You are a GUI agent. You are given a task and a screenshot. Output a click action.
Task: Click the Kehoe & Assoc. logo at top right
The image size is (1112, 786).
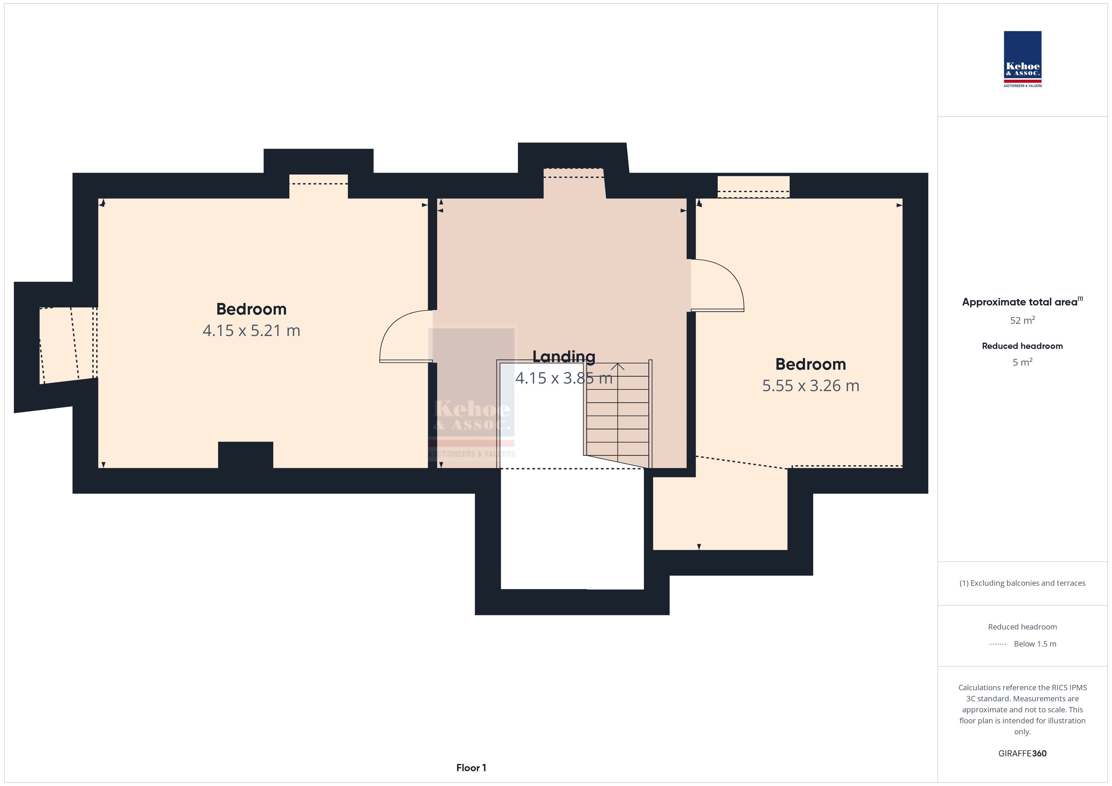(1022, 59)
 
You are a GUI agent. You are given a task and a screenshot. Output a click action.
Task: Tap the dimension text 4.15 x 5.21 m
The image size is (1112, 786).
(251, 331)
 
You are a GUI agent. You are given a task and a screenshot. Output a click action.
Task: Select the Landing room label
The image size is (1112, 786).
(564, 357)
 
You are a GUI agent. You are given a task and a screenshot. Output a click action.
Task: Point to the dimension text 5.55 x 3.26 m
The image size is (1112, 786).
(811, 386)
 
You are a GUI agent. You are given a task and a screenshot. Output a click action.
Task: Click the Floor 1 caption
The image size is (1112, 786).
(471, 768)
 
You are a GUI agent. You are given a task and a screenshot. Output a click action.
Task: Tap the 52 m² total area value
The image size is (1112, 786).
(1022, 320)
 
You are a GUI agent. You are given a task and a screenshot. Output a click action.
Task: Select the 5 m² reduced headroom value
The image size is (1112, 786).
(1022, 362)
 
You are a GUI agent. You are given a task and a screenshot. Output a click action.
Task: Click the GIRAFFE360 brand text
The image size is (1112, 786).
(1022, 754)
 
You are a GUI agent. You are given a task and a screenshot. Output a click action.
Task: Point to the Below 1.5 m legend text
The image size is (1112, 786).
(1035, 644)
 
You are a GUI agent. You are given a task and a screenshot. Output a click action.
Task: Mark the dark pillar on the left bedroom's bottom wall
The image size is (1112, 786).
(246, 455)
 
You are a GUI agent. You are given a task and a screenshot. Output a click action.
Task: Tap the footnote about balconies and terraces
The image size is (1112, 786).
(1022, 583)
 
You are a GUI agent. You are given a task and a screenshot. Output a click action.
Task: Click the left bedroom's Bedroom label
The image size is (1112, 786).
(251, 309)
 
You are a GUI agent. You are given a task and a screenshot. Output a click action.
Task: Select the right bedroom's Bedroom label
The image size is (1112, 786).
(811, 364)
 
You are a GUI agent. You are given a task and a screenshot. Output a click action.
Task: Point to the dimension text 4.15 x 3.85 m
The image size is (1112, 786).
(564, 378)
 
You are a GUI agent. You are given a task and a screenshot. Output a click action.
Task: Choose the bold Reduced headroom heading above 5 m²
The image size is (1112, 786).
(1022, 346)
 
